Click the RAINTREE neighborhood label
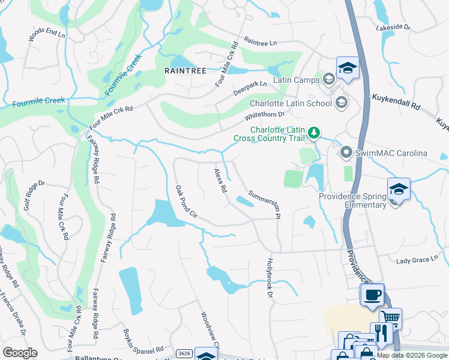[185, 71]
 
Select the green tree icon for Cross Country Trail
[313, 132]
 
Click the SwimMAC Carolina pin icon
[346, 153]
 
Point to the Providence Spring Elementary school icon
[399, 190]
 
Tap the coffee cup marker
[372, 295]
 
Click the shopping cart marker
[391, 318]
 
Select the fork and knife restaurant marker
[381, 333]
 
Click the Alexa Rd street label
[220, 181]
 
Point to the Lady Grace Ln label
[418, 259]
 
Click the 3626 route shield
[184, 354]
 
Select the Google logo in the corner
[20, 352]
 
